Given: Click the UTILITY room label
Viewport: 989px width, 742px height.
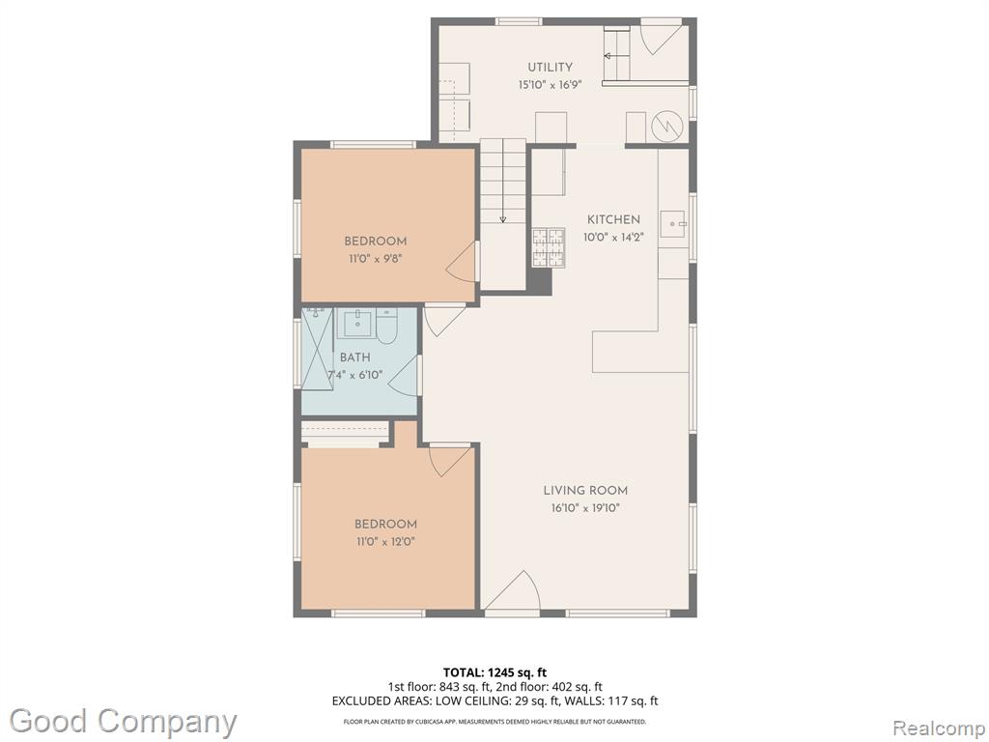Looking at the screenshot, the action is [550, 67].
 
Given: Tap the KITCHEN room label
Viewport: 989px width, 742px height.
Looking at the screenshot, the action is [613, 219].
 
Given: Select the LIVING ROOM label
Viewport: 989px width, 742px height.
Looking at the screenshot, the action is [585, 490].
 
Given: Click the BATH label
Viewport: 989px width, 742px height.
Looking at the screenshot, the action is [355, 357].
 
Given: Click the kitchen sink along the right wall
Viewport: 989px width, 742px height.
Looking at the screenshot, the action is [673, 224].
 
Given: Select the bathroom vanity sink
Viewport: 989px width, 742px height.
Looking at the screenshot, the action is [356, 324].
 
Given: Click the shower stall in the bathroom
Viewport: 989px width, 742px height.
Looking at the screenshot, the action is [317, 349].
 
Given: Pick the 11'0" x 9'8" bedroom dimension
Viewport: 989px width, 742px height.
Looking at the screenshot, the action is [375, 259].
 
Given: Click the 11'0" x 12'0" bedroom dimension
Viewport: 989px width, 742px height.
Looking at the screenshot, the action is [384, 541].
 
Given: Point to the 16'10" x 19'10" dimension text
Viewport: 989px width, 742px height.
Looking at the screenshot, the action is [585, 508].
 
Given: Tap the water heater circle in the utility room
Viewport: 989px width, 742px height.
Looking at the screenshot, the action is [666, 127].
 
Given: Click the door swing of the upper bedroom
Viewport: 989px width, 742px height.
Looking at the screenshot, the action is [462, 261].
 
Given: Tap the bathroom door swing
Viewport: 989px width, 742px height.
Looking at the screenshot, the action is [404, 377].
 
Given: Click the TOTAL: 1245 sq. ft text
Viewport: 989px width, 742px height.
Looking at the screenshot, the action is [491, 672].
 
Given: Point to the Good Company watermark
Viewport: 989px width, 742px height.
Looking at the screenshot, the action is [123, 722].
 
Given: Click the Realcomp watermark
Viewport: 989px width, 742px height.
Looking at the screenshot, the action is [939, 728].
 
